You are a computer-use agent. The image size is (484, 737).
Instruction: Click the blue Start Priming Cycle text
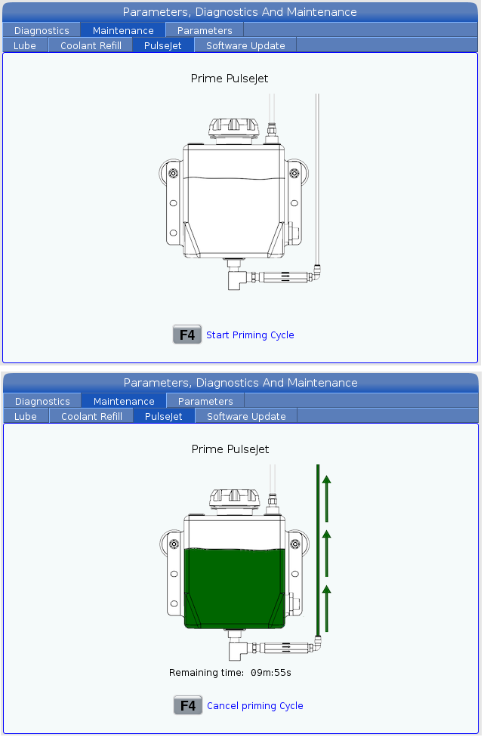[250, 335]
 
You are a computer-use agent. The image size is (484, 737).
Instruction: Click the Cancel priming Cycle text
[255, 706]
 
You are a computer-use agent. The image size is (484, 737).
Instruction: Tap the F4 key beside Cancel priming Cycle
[188, 705]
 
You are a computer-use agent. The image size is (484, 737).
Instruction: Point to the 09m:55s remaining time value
[270, 673]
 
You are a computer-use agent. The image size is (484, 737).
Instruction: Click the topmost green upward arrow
[327, 498]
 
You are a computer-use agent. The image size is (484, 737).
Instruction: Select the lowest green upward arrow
[327, 608]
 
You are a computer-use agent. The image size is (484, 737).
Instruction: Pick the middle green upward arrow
[327, 554]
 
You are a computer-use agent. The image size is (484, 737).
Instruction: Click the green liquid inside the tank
[235, 587]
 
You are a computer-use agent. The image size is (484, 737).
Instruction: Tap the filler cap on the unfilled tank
[233, 130]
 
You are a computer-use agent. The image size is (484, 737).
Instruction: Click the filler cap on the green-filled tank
[235, 501]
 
